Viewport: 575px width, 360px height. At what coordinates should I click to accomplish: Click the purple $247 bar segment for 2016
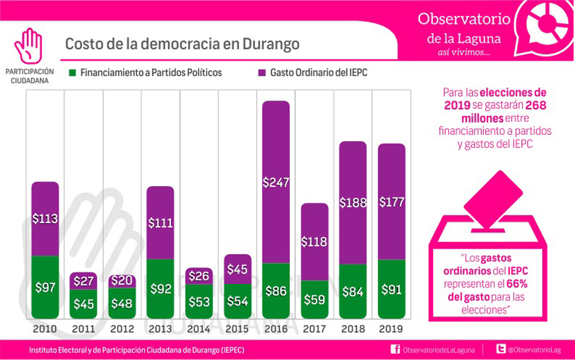275,182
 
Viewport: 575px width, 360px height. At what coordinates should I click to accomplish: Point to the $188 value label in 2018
352,203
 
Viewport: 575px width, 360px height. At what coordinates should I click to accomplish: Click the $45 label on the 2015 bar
237,270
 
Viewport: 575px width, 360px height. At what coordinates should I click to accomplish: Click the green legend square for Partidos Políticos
72,73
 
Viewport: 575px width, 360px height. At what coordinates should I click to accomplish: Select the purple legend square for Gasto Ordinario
262,73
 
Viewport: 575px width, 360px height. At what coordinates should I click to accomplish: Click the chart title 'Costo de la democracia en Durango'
182,44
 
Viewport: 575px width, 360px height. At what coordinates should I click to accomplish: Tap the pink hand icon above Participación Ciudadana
29,45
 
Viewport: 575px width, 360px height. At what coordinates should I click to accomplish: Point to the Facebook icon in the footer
395,350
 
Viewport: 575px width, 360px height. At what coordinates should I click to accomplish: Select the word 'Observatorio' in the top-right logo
464,19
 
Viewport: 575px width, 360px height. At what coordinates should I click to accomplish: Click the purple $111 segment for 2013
160,222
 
